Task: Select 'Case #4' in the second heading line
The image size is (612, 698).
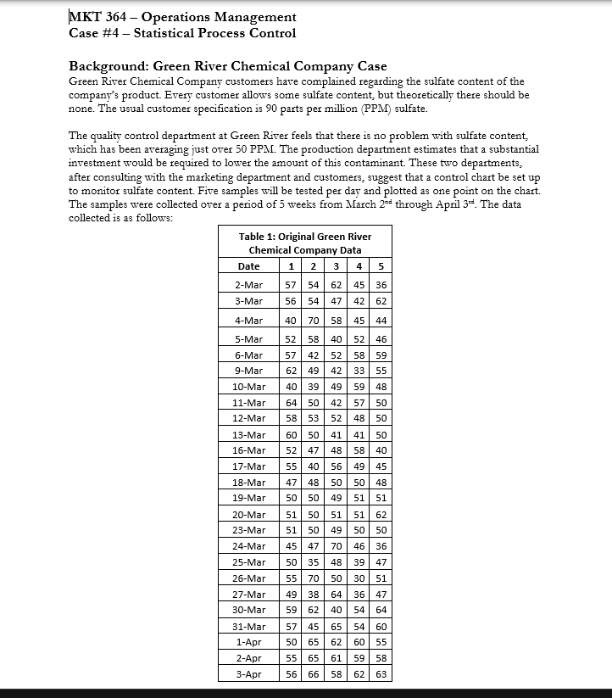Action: click(x=92, y=33)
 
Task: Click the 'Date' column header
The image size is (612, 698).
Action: click(x=249, y=266)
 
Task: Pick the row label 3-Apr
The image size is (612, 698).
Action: click(x=249, y=674)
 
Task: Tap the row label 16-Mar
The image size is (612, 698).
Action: click(x=249, y=450)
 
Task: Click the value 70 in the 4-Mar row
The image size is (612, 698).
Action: click(x=314, y=321)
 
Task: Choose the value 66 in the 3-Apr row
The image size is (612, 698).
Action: click(x=314, y=674)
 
